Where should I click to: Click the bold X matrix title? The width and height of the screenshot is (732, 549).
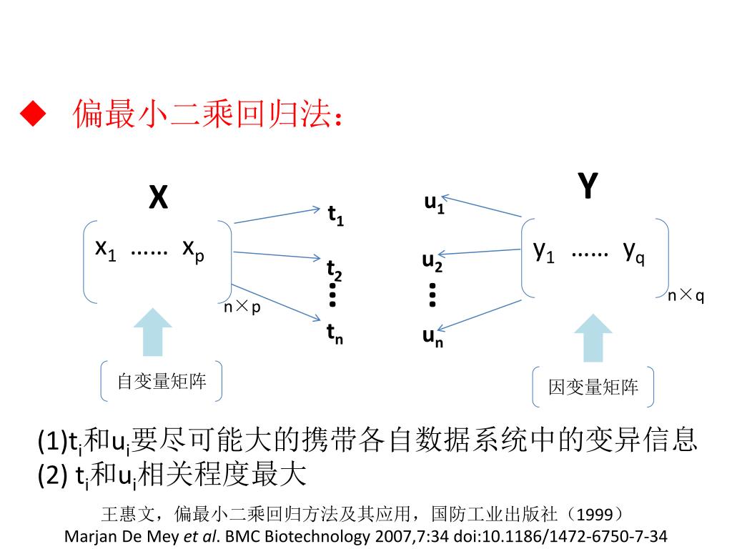[x=158, y=197]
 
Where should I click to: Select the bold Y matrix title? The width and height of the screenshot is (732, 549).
[x=587, y=187]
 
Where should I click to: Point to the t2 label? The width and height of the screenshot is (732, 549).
[x=335, y=270]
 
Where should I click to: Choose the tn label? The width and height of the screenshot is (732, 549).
[x=335, y=333]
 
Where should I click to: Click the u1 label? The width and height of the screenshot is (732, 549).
[x=434, y=204]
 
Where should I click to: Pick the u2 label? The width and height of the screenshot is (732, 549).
[x=432, y=262]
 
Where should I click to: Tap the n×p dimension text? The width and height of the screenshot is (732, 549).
[x=242, y=307]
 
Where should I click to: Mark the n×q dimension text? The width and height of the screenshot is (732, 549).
[x=686, y=296]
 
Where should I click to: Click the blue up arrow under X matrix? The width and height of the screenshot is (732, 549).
[x=153, y=331]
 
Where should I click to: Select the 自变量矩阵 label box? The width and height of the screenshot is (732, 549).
[x=162, y=382]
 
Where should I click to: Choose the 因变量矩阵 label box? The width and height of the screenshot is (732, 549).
[x=593, y=387]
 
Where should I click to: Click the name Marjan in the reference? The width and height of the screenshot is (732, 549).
[x=88, y=536]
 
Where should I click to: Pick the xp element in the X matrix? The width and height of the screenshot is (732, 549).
[x=192, y=249]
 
